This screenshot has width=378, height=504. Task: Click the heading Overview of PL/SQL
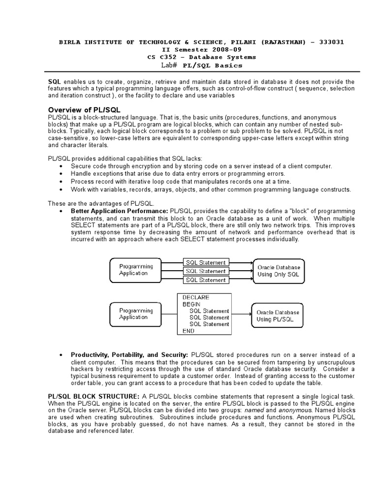point(84,109)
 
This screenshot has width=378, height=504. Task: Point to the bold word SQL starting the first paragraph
point(54,81)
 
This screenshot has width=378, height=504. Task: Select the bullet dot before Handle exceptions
point(60,174)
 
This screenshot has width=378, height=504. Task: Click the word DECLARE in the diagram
point(195,297)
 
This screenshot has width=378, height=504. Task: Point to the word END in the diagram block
point(188,331)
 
